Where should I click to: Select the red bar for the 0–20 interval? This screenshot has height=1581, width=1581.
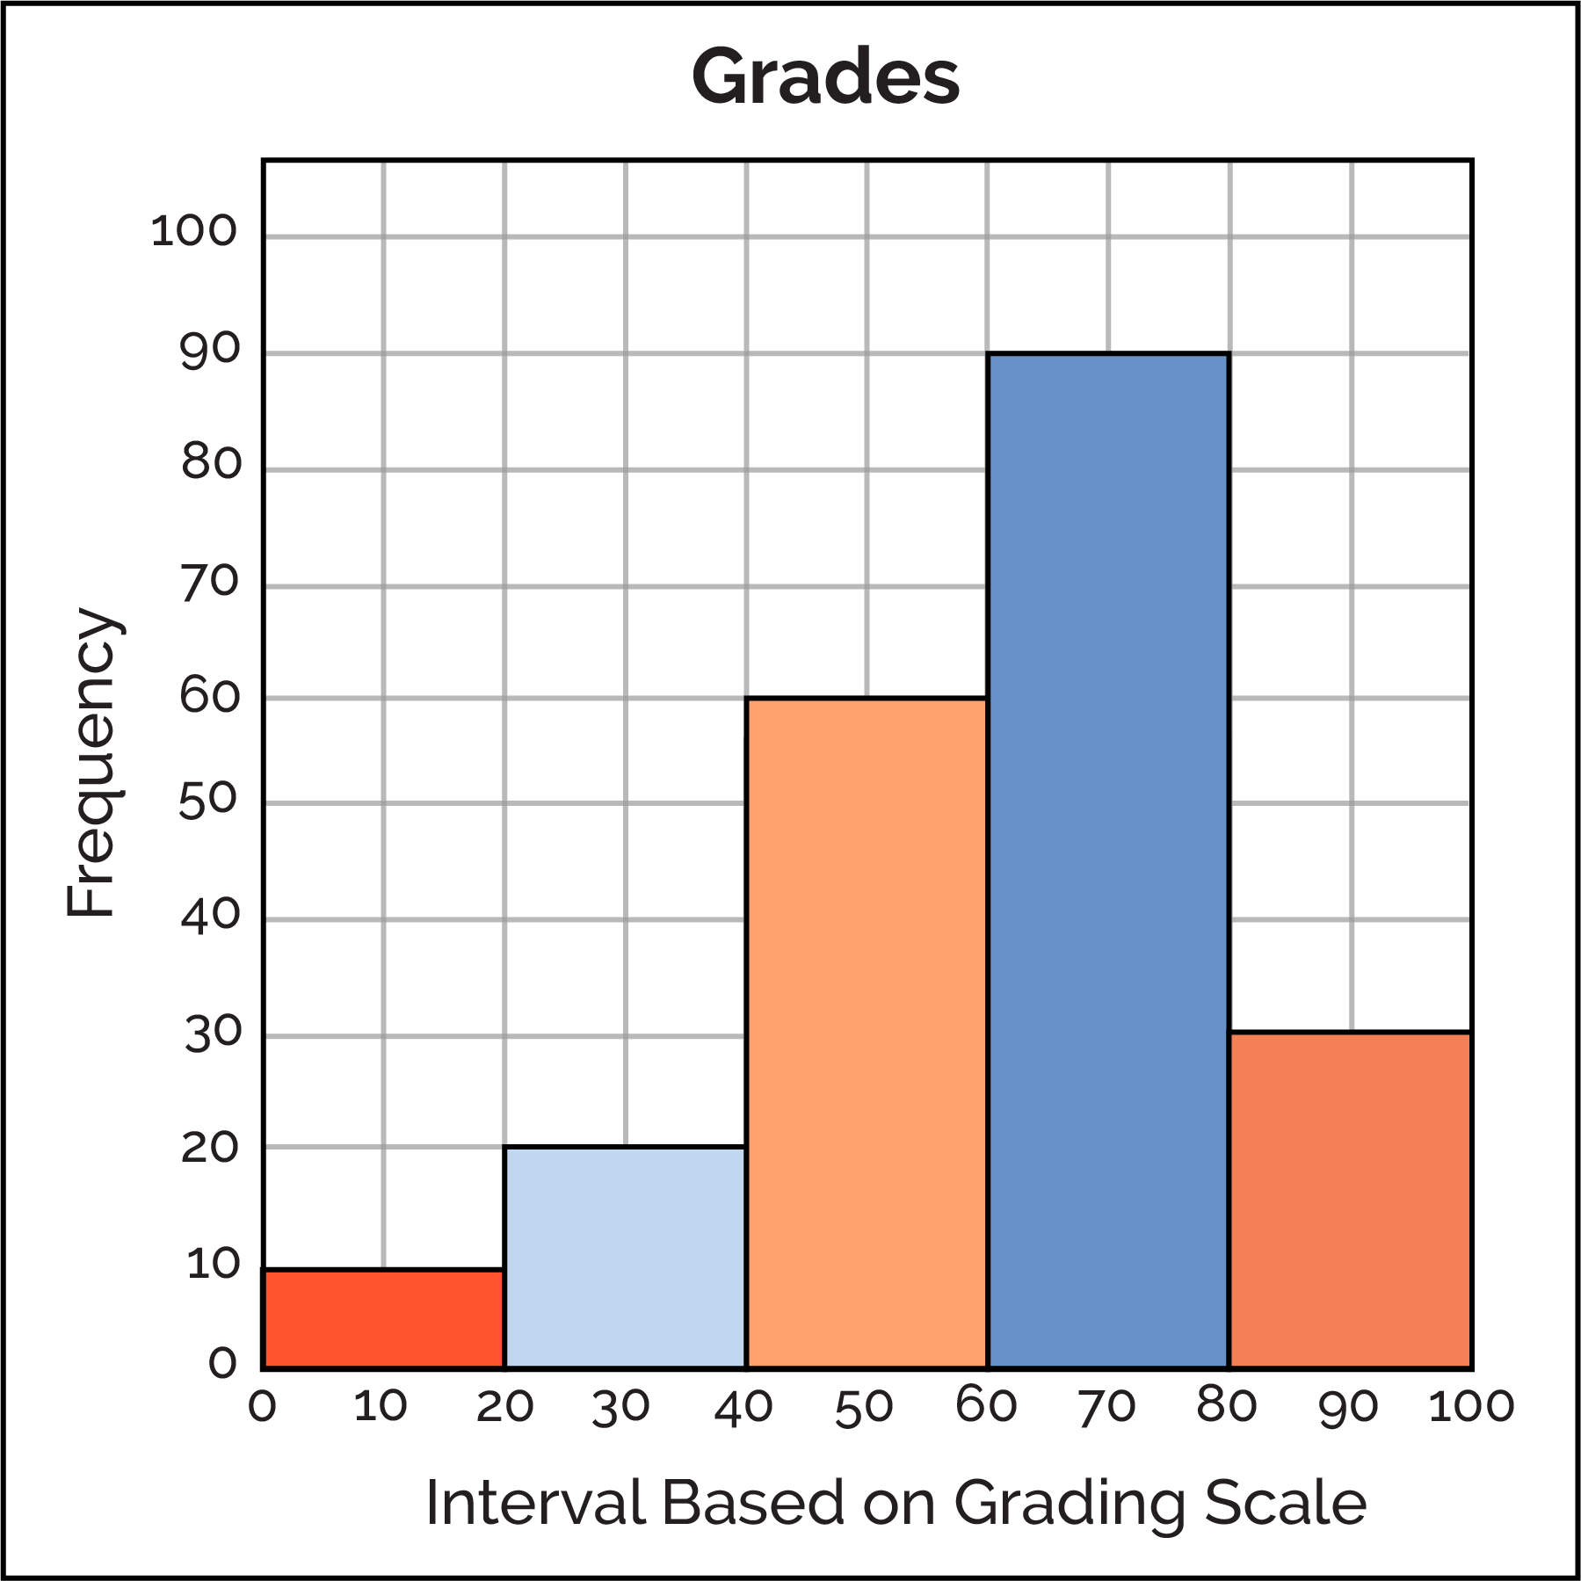click(383, 1319)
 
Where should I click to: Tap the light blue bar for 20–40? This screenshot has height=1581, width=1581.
click(625, 1258)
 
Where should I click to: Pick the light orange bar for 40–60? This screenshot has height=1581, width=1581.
click(867, 1033)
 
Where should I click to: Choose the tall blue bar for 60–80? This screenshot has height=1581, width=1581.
click(1108, 861)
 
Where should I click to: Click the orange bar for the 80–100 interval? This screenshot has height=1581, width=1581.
click(1350, 1200)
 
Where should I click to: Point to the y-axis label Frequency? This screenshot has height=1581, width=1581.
click(91, 763)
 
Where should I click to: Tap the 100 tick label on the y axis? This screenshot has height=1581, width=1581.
click(194, 231)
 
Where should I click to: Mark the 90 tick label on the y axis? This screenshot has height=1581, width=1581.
click(210, 350)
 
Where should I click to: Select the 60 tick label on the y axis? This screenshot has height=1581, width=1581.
click(210, 697)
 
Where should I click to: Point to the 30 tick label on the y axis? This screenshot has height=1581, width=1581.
click(212, 1034)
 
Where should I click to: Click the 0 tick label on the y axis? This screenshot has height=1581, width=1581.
click(223, 1363)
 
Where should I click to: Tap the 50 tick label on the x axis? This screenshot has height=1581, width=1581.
click(864, 1408)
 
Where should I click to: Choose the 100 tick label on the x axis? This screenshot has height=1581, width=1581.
click(1471, 1406)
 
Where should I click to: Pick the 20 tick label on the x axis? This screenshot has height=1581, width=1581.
click(504, 1406)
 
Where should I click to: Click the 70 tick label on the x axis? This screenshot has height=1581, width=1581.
click(1106, 1408)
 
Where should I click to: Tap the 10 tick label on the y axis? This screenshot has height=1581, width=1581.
click(213, 1264)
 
